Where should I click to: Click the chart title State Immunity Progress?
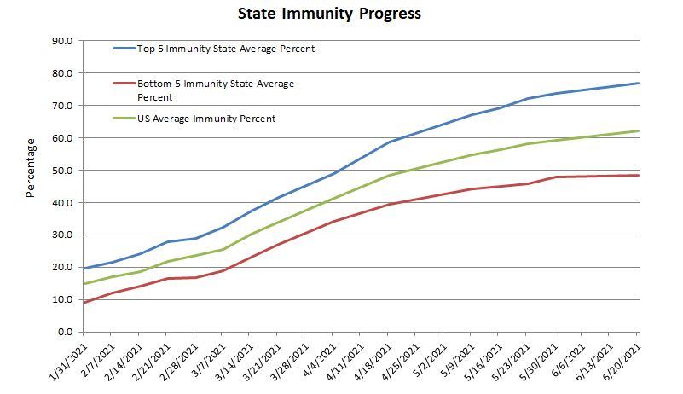(x=341, y=14)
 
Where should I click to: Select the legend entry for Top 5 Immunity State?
(x=226, y=49)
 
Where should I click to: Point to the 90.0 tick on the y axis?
(x=63, y=40)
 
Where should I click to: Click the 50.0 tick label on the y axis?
(x=63, y=170)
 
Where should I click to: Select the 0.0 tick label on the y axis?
(x=67, y=332)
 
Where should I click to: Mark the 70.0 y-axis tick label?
(x=63, y=105)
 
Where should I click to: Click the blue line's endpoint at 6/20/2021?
(x=639, y=83)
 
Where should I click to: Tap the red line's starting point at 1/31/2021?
(x=83, y=302)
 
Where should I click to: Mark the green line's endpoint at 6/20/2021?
(x=639, y=130)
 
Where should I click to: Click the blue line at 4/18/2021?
(x=389, y=142)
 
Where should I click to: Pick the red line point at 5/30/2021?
(x=555, y=177)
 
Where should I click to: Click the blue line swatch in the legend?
(x=125, y=49)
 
